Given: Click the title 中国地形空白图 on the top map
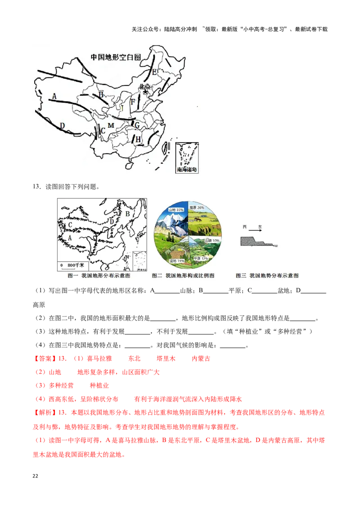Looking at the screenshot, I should (116, 57).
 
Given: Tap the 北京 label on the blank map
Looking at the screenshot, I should (145, 87).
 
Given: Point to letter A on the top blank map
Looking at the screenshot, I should (54, 96).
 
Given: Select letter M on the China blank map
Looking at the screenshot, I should (111, 125).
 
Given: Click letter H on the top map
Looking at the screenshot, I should (138, 140).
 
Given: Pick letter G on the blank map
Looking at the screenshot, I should (137, 125).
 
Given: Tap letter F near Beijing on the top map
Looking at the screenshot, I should (133, 102).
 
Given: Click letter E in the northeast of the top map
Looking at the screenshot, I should (154, 72).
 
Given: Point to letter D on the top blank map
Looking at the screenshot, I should (63, 125).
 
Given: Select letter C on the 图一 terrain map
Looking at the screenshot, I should (70, 224).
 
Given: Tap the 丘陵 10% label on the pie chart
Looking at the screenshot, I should (211, 241).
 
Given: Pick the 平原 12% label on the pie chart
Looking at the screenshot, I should (202, 259).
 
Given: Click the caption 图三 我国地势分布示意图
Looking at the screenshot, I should (267, 276).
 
